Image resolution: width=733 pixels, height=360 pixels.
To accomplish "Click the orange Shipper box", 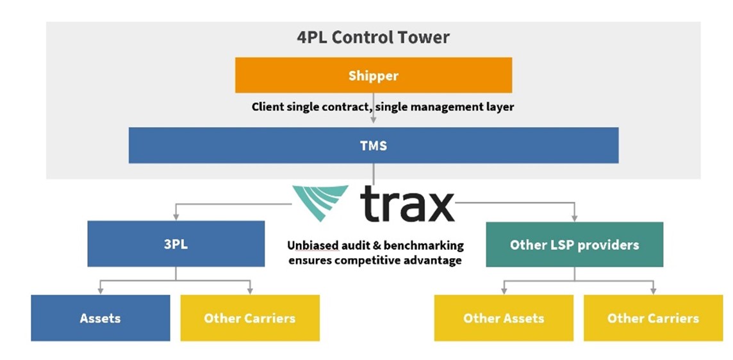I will coord(373,76).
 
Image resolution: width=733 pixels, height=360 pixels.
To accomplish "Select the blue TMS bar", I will coord(373,145).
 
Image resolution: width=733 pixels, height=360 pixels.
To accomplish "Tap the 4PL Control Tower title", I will coord(373,37).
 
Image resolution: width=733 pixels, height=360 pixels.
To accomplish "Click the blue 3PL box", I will coord(176,244).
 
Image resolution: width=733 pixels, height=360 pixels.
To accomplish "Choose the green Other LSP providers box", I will coord(574,245).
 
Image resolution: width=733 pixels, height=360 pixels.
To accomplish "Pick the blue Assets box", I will coord(100,318).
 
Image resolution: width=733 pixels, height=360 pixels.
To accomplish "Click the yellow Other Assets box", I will coord(504,318).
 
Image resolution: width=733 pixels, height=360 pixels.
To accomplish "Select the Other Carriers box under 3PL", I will coord(250,318).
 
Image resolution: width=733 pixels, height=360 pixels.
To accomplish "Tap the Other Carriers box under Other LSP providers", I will coord(653,318).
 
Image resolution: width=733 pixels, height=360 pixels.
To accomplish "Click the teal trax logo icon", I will coord(320,201).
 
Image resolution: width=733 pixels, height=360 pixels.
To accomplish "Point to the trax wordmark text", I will coord(407,204).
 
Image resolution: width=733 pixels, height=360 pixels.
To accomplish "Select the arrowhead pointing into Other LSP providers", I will coord(574,218).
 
